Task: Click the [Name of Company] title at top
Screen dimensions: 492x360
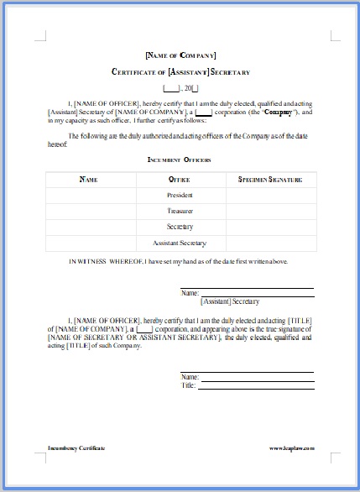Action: (180, 55)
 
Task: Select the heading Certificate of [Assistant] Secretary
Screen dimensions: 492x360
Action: (180, 73)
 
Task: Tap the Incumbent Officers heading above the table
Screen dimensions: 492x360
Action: (180, 159)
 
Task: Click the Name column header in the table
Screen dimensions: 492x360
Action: (88, 179)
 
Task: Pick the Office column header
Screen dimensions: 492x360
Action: (180, 179)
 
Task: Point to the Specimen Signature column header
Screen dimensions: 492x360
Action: (270, 179)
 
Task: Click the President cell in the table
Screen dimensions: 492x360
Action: (180, 195)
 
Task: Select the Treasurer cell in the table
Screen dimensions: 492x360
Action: (180, 211)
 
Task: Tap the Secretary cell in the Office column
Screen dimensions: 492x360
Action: (180, 227)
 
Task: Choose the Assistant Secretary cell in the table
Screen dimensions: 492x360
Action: (180, 243)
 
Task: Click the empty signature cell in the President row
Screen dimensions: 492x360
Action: (270, 195)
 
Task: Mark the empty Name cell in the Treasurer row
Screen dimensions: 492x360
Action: (88, 211)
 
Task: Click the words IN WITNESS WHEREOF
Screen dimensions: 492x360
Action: (106, 262)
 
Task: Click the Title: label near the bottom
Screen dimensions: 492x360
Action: (189, 385)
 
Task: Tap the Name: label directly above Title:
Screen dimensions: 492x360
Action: (190, 377)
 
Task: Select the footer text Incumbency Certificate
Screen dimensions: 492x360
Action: (76, 449)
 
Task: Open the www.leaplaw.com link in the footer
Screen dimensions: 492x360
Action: (291, 449)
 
